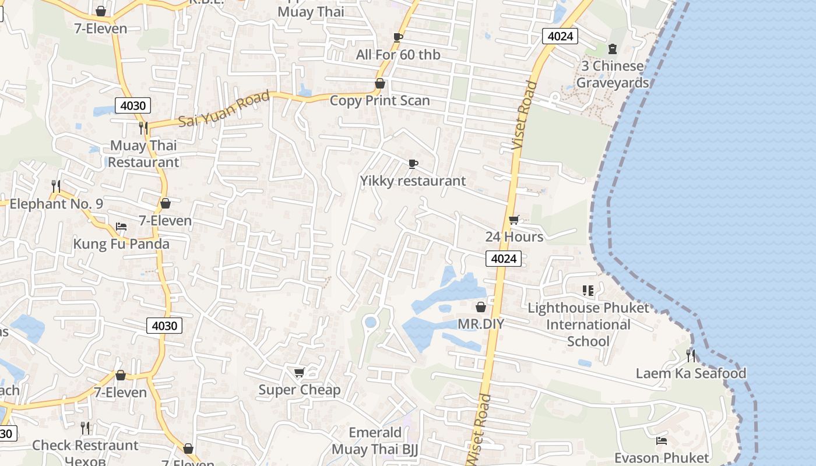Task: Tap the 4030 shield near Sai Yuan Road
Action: click(x=133, y=105)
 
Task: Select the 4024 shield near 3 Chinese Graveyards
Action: click(x=560, y=36)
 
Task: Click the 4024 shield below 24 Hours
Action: click(x=503, y=259)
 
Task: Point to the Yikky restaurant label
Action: click(x=413, y=181)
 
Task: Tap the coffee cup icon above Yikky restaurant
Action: click(x=413, y=164)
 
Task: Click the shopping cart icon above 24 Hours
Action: click(x=513, y=220)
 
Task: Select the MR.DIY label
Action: click(x=480, y=323)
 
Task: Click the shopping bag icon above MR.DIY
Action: click(x=481, y=307)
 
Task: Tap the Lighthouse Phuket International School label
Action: click(x=588, y=324)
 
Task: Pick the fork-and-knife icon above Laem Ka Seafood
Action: click(x=690, y=355)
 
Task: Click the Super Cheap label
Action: click(x=299, y=390)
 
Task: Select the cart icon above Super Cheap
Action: click(x=299, y=372)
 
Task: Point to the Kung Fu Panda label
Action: click(x=121, y=243)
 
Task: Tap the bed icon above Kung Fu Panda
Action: click(x=121, y=226)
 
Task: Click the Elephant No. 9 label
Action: click(x=56, y=204)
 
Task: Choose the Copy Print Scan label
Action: click(x=379, y=101)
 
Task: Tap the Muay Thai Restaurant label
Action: click(x=143, y=154)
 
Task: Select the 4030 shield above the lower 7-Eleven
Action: click(x=164, y=326)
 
